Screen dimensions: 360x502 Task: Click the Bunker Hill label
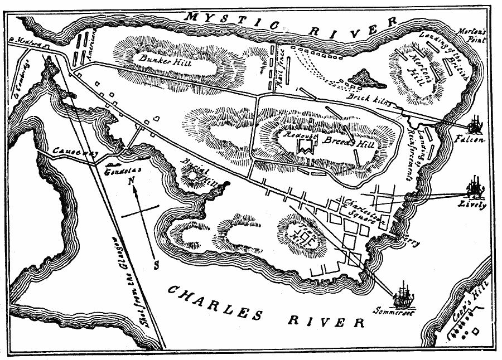coord(158,60)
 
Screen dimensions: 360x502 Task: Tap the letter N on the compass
coord(132,181)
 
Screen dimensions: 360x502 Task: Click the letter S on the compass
coord(157,262)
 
